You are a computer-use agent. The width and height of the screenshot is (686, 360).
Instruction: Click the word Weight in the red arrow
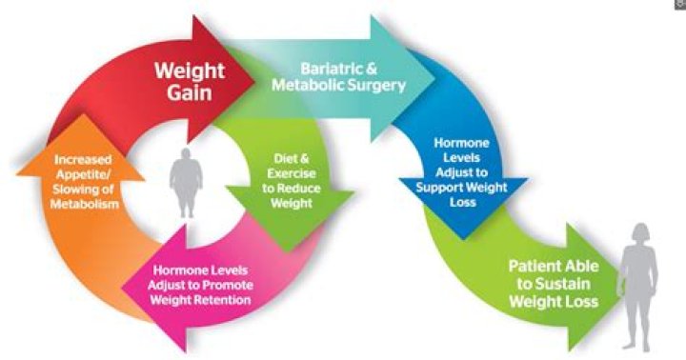click(192, 70)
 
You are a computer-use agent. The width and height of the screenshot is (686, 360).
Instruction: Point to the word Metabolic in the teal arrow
click(307, 85)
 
